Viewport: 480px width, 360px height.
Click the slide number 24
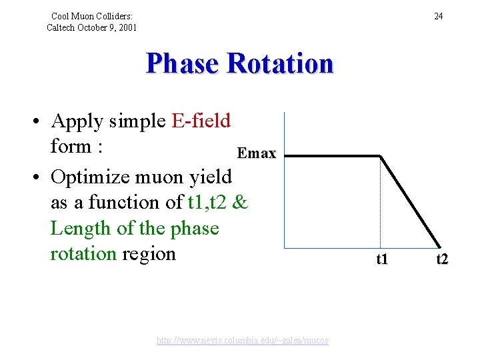click(438, 16)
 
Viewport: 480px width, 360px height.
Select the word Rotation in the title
click(279, 64)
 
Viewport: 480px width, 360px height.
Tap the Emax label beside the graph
click(257, 153)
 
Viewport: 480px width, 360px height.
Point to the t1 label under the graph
click(381, 259)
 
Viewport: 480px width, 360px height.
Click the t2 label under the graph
click(442, 259)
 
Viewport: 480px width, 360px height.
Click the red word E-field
click(201, 121)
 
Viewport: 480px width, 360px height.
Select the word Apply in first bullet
click(75, 121)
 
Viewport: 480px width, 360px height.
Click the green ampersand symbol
click(241, 203)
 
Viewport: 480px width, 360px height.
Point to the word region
click(149, 254)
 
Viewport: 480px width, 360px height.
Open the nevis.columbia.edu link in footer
click(242, 341)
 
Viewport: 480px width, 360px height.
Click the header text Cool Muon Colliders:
click(92, 16)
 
